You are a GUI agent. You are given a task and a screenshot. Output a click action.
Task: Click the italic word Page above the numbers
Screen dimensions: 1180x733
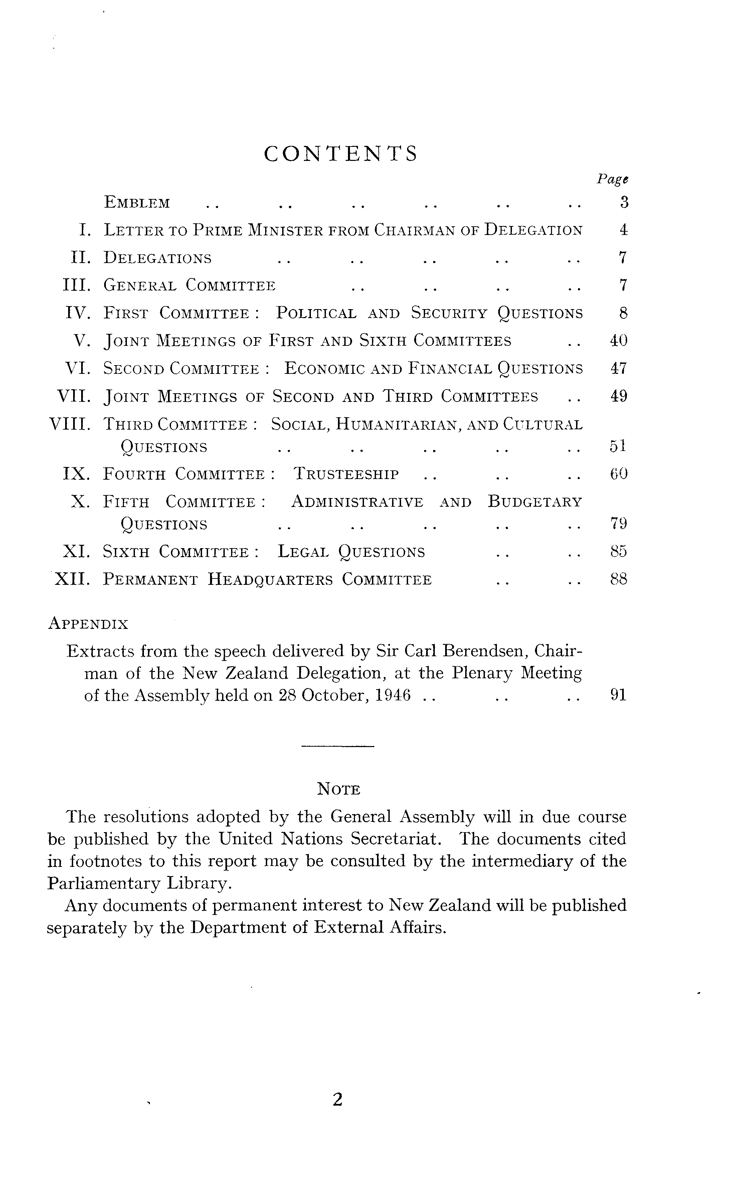pyautogui.click(x=612, y=179)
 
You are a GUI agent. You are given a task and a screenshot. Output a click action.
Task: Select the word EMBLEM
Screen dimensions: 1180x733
pyautogui.click(x=137, y=203)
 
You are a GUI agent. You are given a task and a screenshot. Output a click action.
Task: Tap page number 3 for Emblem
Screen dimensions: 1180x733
pyautogui.click(x=624, y=202)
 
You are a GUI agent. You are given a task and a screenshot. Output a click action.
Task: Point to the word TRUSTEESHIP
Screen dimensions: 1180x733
pyautogui.click(x=346, y=474)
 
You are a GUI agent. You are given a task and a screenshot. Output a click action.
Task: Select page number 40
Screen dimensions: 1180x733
pyautogui.click(x=618, y=341)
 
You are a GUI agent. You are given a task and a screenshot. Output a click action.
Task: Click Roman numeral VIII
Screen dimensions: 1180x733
pyautogui.click(x=70, y=425)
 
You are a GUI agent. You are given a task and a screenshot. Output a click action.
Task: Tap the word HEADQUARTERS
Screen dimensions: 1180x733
pyautogui.click(x=270, y=579)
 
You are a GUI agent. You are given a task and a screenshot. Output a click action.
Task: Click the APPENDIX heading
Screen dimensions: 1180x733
pyautogui.click(x=88, y=624)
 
